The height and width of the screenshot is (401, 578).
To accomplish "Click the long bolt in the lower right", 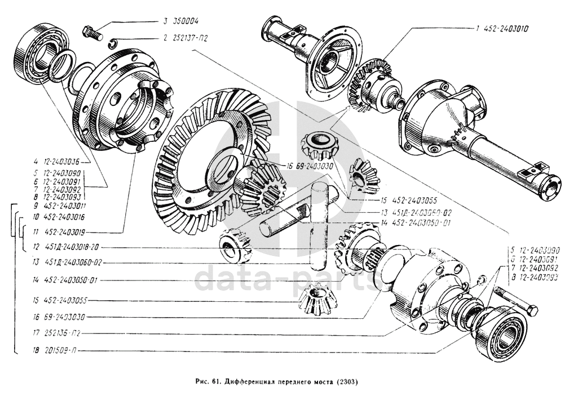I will tap(516, 301).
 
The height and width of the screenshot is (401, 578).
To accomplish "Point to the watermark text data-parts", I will tap(285, 277).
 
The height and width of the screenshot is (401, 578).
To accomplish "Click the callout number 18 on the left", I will tap(35, 350).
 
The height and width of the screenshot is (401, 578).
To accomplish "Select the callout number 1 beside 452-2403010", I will tap(477, 28).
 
